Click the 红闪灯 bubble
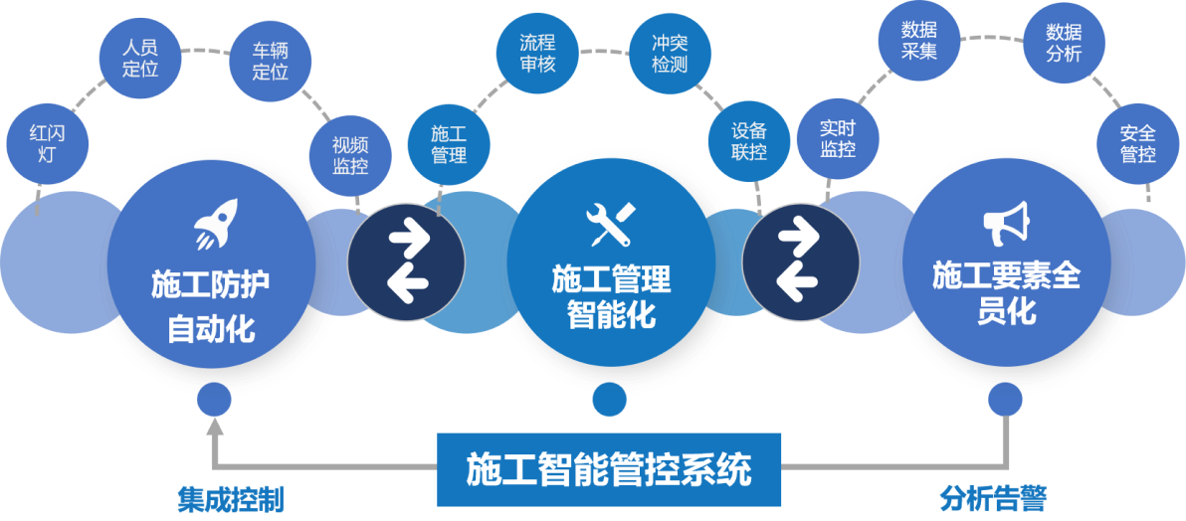point(46,143)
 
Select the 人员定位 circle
point(140,58)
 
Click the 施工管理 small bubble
point(448,144)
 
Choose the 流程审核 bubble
point(537,54)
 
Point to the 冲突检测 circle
point(669,54)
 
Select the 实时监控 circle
point(838,138)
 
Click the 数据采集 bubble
point(919,40)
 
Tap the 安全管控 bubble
point(1137,143)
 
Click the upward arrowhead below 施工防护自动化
point(214,428)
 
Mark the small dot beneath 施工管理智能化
point(609,400)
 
